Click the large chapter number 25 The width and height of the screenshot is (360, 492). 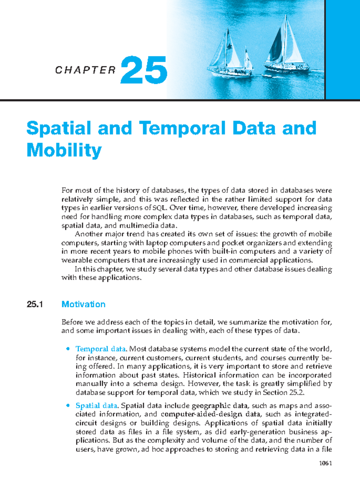pos(144,70)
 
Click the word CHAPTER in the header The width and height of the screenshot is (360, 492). pos(85,70)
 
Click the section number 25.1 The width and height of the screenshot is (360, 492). pos(35,304)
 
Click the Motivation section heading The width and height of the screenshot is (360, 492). pos(83,304)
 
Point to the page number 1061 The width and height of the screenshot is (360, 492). pos(325,463)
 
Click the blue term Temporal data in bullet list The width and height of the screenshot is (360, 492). pos(101,349)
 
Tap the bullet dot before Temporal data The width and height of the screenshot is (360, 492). pos(68,349)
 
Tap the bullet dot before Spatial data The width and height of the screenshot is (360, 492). pos(68,405)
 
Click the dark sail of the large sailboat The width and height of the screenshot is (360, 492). pos(275,45)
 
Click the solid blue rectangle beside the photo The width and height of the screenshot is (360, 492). pos(343,49)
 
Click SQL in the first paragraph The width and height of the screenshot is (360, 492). pos(158,208)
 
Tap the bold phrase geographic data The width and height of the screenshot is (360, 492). pos(220,406)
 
